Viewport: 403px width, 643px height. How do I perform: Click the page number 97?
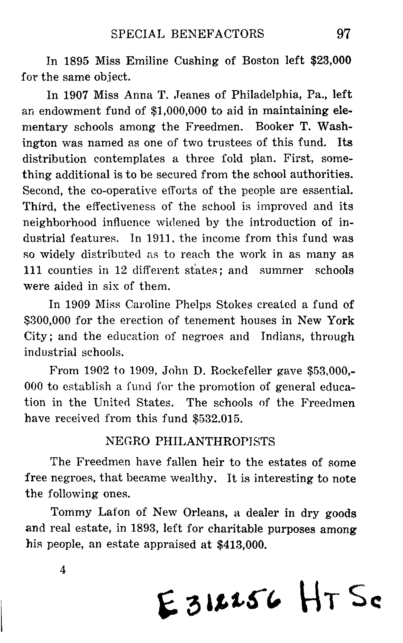343,34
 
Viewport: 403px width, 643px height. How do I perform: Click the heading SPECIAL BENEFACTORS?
187,34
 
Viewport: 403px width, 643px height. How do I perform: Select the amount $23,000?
331,60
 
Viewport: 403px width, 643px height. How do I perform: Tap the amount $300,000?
47,320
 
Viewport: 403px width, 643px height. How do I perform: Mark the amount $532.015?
217,419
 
